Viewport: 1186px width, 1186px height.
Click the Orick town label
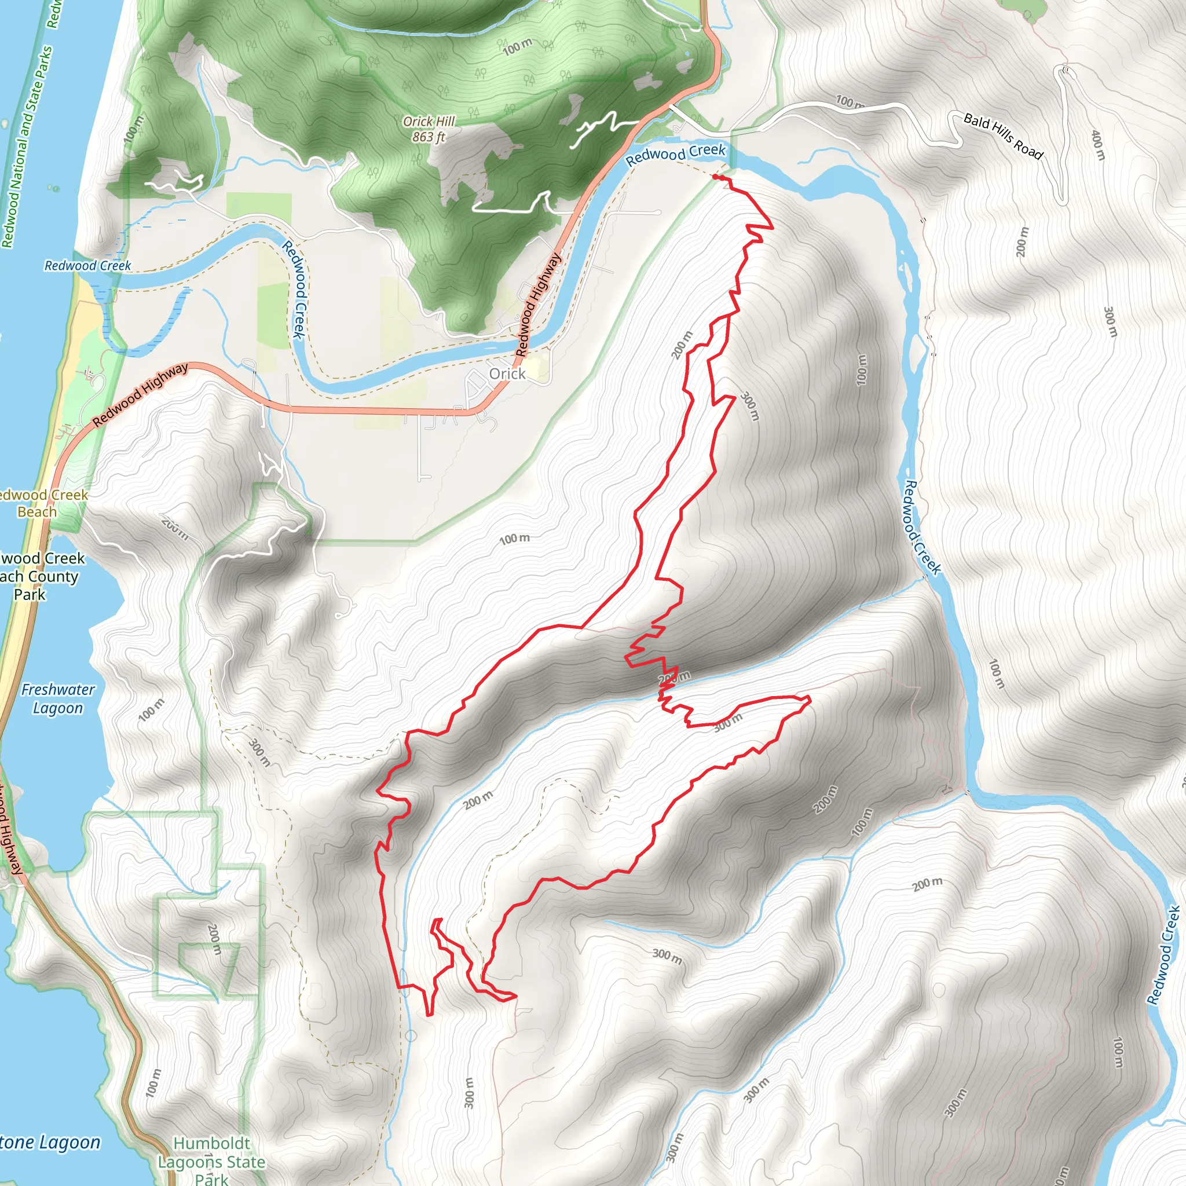(507, 374)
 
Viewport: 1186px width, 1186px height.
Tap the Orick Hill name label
(429, 122)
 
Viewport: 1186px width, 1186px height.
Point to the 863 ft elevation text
(429, 137)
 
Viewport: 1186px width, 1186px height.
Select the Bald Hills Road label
(1003, 136)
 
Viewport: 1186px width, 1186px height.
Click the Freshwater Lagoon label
(58, 698)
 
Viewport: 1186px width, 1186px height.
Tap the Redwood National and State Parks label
(26, 147)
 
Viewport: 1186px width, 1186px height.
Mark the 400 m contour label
(1097, 145)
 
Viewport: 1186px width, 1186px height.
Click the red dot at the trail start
(716, 177)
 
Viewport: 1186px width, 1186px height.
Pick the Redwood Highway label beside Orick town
(538, 305)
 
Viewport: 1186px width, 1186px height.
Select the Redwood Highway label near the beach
(141, 395)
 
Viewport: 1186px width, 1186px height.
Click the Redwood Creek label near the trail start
(675, 154)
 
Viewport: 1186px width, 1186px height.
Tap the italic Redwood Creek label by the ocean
(88, 266)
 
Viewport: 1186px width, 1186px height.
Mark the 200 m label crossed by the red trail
(674, 678)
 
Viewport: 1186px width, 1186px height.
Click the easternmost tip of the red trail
(810, 698)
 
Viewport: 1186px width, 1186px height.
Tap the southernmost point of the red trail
(429, 1015)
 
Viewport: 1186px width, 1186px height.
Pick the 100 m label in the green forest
(518, 46)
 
